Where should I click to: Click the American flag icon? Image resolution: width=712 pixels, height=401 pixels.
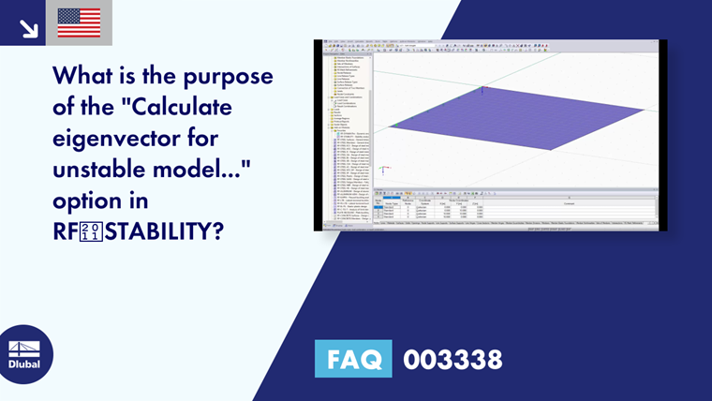click(79, 22)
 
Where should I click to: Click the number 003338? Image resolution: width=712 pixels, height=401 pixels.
click(452, 359)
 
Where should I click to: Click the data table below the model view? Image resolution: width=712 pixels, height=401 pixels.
click(515, 208)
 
